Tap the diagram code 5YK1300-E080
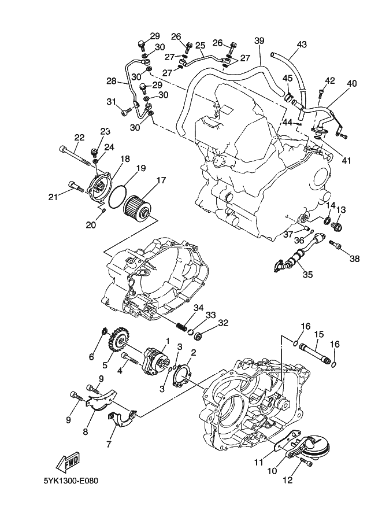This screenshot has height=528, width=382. coord(71,481)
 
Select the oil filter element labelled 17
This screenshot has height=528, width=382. coord(138,208)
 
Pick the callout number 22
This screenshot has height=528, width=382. coord(79,138)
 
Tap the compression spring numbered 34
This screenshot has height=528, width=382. coord(181,326)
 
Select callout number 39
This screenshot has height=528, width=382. coord(259,40)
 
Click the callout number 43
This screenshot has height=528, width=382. coord(302,44)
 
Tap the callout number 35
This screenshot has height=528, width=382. coord(307,274)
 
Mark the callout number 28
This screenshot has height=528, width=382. coord(112,81)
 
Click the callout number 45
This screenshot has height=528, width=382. coord(287,78)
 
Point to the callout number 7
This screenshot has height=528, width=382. coord(109,444)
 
